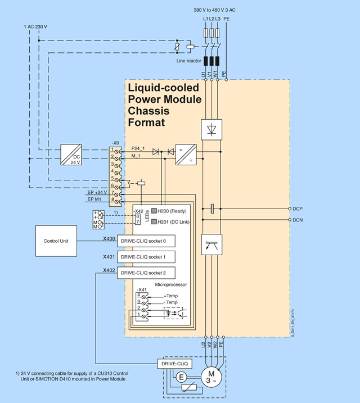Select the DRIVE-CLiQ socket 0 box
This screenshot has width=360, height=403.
click(x=145, y=241)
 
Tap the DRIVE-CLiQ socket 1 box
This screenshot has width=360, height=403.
click(x=145, y=257)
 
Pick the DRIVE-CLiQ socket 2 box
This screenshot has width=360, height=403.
click(x=145, y=273)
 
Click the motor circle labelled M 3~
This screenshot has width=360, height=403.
click(x=211, y=376)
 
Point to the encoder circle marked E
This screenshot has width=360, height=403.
click(x=182, y=378)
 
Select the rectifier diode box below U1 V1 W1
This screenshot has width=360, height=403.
click(x=211, y=129)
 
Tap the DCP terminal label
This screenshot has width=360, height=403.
click(x=298, y=209)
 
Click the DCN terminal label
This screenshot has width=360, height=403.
click(x=298, y=220)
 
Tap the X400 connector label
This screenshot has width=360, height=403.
click(x=109, y=239)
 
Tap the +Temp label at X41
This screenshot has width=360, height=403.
click(x=172, y=296)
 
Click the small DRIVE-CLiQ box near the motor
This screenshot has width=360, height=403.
click(x=174, y=364)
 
